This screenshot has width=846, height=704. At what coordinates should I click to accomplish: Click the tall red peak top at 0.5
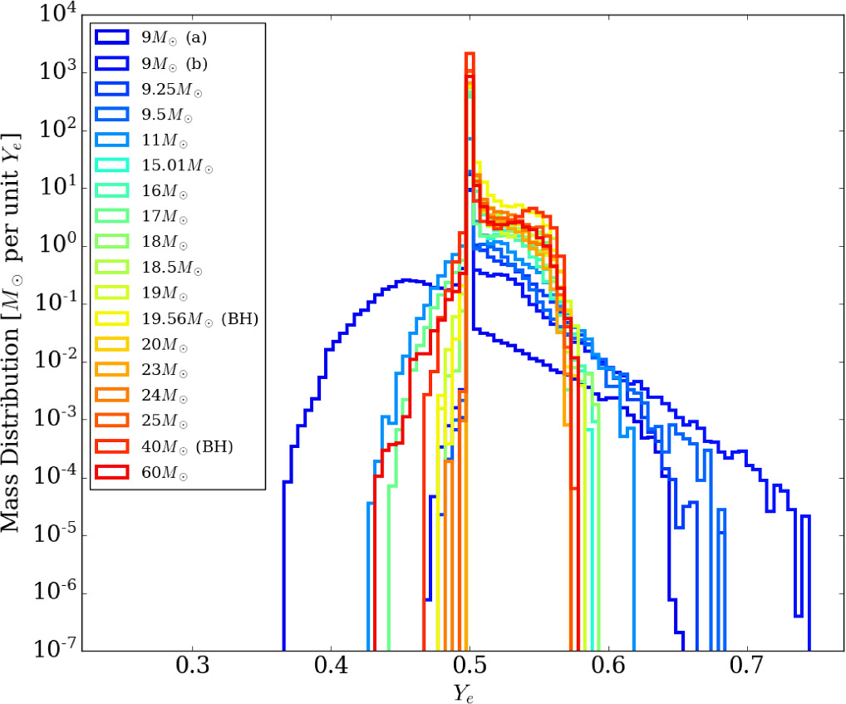point(470,54)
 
